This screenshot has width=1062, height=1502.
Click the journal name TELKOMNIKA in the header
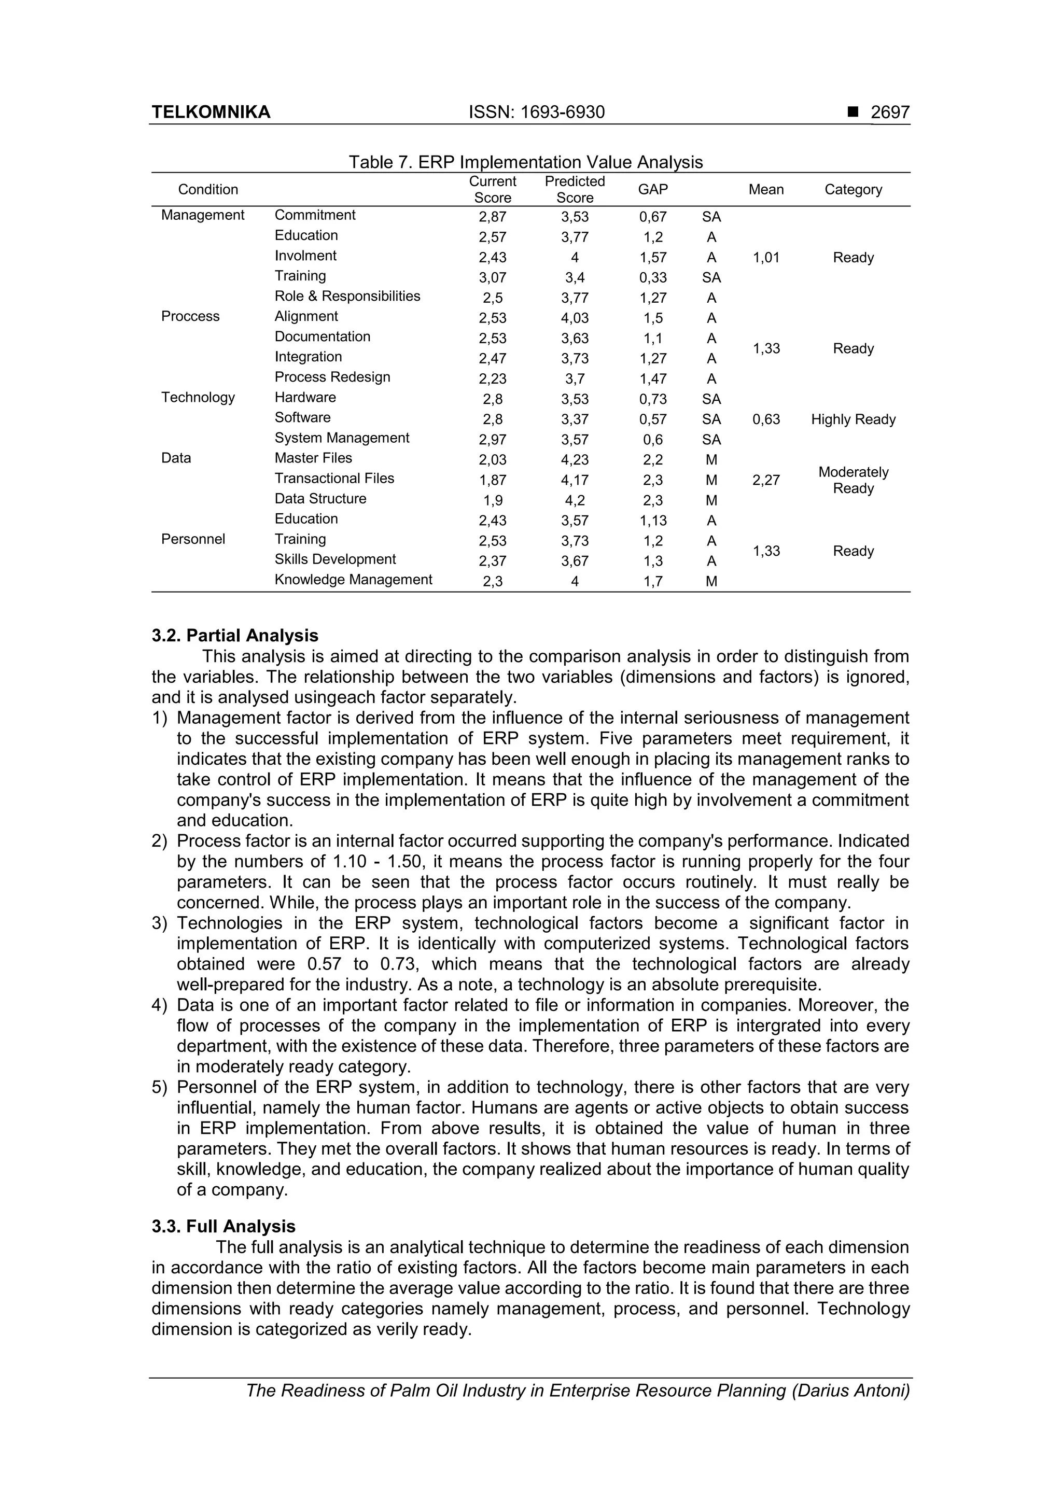click(x=211, y=113)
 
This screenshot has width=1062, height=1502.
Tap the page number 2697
click(x=889, y=113)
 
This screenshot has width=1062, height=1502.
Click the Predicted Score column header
click(x=575, y=190)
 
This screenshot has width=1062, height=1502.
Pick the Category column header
click(x=853, y=190)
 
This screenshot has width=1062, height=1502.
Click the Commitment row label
click(x=315, y=215)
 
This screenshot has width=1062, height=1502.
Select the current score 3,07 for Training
click(x=492, y=278)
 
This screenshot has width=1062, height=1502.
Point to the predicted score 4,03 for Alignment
click(x=575, y=318)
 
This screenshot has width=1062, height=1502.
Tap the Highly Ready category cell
click(x=853, y=420)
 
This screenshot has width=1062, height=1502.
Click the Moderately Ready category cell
click(x=853, y=480)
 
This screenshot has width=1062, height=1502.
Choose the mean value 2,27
click(x=765, y=481)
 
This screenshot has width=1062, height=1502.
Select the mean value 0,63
click(x=765, y=420)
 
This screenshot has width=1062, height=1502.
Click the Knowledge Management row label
click(x=353, y=580)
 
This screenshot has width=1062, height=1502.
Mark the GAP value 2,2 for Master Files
click(x=652, y=460)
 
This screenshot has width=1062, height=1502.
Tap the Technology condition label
click(x=198, y=398)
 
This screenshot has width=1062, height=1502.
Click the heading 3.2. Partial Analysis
click(x=235, y=635)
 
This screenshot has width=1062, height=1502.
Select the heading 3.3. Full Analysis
click(x=223, y=1226)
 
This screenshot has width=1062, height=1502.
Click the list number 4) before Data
click(x=160, y=1005)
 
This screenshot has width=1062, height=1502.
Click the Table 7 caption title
click(x=525, y=162)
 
